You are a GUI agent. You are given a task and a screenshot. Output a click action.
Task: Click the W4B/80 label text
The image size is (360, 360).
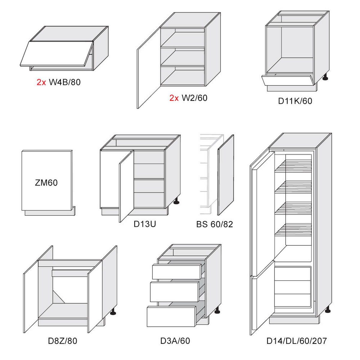click(64, 82)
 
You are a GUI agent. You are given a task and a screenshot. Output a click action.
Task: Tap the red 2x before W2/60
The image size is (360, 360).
click(174, 98)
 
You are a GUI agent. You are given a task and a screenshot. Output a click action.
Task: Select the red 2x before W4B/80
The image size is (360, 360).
click(41, 82)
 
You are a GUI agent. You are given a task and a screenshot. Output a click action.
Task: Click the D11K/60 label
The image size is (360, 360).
click(295, 101)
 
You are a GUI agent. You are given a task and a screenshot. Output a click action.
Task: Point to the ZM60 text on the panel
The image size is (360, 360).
click(46, 182)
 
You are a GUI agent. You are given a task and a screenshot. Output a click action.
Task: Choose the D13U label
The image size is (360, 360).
click(145, 224)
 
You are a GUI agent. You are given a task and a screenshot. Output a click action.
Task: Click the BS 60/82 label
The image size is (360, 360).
click(214, 224)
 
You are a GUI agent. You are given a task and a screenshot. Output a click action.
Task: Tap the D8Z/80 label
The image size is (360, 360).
click(63, 341)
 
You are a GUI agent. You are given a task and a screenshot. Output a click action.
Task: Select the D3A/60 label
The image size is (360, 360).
click(175, 341)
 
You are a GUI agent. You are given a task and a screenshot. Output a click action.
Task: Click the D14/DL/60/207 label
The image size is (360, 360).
click(296, 341)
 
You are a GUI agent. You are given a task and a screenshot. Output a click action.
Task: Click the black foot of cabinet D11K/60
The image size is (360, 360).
click(325, 77)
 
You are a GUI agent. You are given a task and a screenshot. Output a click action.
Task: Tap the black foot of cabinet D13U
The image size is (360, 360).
click(176, 201)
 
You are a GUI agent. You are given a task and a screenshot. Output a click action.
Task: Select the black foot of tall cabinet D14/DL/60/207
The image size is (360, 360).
click(328, 310)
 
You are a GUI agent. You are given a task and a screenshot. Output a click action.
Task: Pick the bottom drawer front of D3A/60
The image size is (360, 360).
click(171, 316)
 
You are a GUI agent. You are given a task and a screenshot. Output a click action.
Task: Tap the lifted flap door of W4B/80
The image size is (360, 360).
click(56, 54)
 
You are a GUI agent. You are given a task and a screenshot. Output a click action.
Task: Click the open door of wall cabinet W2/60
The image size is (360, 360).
click(149, 68)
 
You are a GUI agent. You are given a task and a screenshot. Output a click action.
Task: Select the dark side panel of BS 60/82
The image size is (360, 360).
click(226, 175)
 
